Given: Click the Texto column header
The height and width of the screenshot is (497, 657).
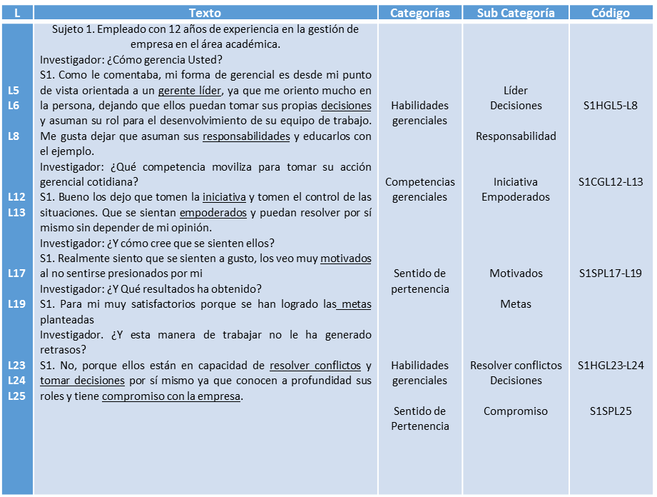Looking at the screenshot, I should coord(205,13).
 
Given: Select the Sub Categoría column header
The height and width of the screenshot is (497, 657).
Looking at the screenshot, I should coord(516,13).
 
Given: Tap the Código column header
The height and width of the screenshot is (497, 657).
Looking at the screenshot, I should coord(610,13).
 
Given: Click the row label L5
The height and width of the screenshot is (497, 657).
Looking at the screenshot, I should coord(14,91).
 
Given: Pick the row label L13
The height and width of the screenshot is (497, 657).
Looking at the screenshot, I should coord(16,212).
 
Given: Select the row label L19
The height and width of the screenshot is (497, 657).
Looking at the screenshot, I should coord(16,304).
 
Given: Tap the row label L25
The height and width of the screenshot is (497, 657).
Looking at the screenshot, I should coord(16,396).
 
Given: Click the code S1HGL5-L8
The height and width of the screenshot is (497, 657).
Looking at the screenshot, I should coord(610,106).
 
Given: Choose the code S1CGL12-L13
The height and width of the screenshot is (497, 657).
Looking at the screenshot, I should coord(610,182).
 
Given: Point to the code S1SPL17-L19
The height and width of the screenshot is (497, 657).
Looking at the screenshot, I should coord(610,273).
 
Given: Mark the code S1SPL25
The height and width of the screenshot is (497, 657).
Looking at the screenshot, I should coord(610,411).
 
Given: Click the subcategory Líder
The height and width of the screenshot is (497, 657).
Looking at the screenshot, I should coord(516,91).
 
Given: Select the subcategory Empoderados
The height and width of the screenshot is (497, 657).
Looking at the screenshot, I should coord(516,197).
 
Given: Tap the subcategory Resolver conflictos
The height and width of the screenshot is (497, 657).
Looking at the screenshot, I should coord(516,366).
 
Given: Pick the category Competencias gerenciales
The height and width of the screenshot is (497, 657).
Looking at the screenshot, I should coord(419,189).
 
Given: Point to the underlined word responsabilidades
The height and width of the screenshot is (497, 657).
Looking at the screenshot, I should coord(246,136).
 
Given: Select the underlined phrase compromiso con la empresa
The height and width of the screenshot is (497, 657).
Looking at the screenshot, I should coord(172,396).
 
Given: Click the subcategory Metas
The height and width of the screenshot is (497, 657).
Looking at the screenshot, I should coord(516,304).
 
